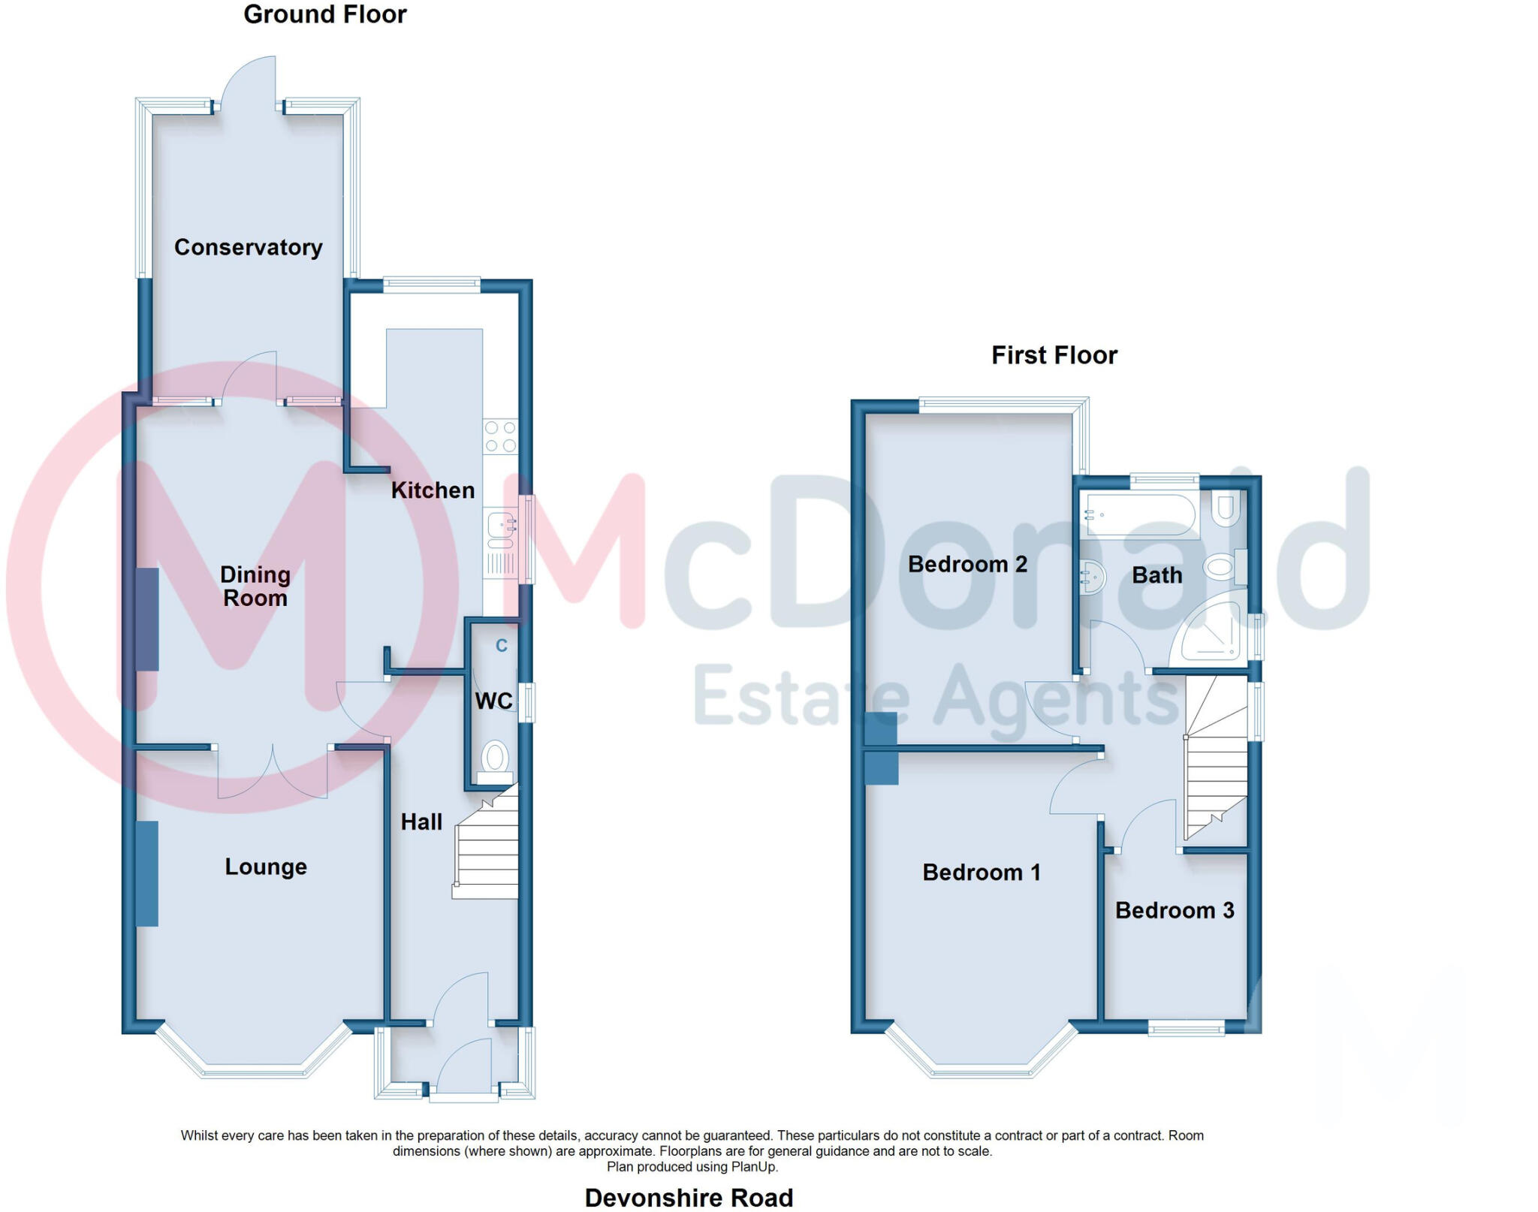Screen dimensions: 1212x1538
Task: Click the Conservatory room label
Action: pyautogui.click(x=248, y=247)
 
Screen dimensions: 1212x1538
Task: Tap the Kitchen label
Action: pyautogui.click(x=433, y=490)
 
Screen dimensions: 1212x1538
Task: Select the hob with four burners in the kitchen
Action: pyautogui.click(x=500, y=436)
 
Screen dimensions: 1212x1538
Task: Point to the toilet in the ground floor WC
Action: pyautogui.click(x=494, y=758)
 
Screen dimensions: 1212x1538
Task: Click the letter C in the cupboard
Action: pyautogui.click(x=502, y=646)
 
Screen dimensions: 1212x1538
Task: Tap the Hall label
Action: pyautogui.click(x=421, y=822)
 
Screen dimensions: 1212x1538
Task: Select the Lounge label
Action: pyautogui.click(x=266, y=867)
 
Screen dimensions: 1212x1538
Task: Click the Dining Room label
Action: pyautogui.click(x=255, y=586)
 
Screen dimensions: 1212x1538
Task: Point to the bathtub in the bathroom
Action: pyautogui.click(x=1140, y=514)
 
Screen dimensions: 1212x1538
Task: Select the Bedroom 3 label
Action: pyautogui.click(x=1175, y=910)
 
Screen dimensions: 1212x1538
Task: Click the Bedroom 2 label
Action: pyautogui.click(x=967, y=564)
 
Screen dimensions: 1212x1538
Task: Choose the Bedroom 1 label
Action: pyautogui.click(x=982, y=872)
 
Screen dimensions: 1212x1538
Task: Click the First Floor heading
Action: pyautogui.click(x=1054, y=355)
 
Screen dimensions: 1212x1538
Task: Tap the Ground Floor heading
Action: pyautogui.click(x=324, y=14)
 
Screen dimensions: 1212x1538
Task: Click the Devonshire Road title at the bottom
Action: pyautogui.click(x=689, y=1197)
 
